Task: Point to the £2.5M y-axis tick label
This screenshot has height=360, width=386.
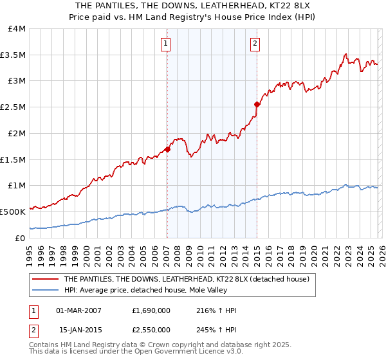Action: tap(14, 107)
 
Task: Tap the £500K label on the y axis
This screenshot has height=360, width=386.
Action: tap(14, 211)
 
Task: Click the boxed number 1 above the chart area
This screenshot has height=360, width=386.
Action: tap(166, 44)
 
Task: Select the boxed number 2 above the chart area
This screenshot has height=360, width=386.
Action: tap(255, 44)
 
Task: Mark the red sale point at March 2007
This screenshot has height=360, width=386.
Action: tap(167, 149)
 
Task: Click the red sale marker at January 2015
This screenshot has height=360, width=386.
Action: tap(257, 104)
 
